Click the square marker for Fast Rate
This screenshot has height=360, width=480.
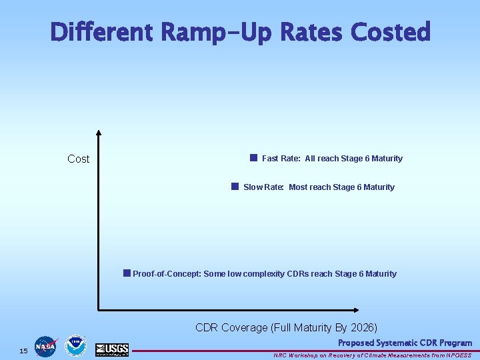253,158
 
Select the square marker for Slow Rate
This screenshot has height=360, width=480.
235,187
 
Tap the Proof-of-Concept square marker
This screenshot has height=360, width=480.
127,273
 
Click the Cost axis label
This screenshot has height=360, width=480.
78,159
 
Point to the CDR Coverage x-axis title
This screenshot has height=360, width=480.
286,327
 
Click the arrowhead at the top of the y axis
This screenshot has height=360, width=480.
99,133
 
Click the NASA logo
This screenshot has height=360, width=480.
46,347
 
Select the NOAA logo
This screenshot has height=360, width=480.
75,347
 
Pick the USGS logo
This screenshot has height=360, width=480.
112,349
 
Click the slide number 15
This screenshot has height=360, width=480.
23,351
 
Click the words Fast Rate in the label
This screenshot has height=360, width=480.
281,159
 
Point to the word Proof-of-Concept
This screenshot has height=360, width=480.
166,274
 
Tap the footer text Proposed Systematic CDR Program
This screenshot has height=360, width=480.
404,343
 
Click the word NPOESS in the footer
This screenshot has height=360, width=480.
457,355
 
